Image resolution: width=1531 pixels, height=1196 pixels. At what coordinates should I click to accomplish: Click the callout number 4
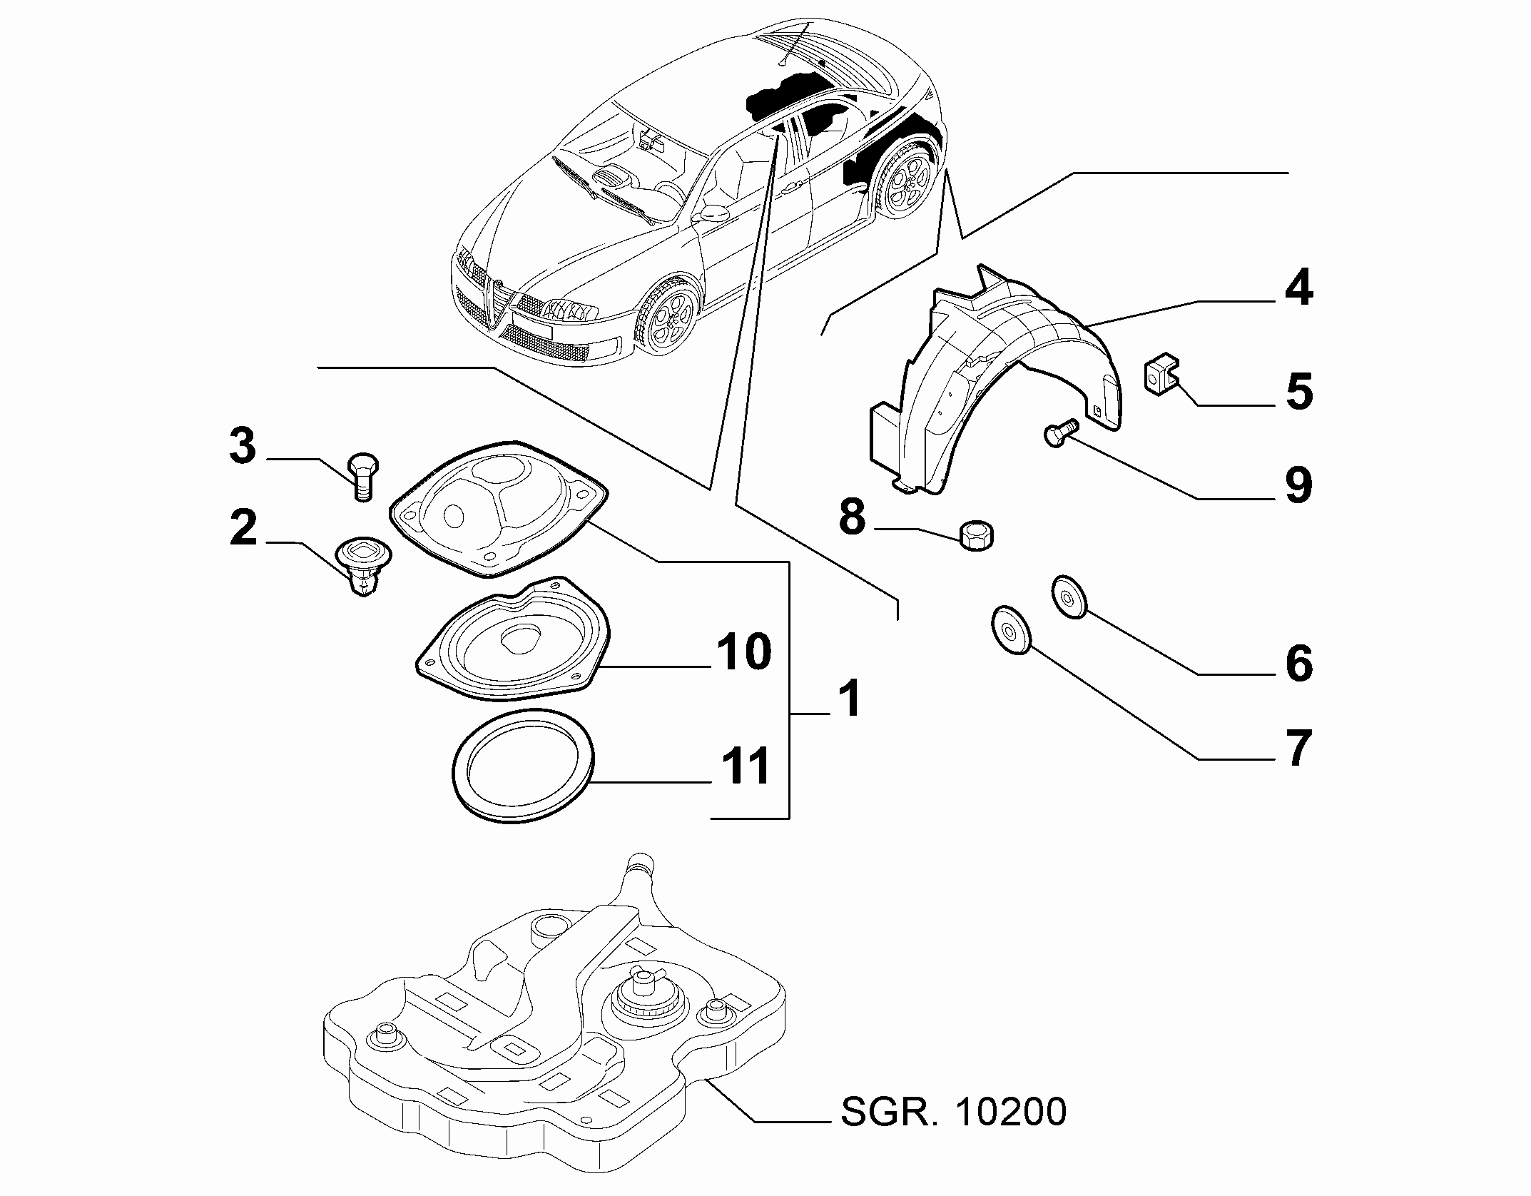1298,289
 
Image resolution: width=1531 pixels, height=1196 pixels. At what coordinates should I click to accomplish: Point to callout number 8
853,517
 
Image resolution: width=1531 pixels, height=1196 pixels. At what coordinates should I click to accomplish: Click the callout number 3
243,446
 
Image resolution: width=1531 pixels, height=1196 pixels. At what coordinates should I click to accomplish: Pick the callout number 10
743,651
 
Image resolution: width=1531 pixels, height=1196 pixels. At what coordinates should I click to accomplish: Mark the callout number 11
743,766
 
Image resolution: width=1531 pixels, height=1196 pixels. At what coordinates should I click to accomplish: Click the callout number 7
1298,748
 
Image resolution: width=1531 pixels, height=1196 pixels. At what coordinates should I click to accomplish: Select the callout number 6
1298,663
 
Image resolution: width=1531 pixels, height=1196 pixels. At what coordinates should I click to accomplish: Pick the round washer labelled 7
1010,629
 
